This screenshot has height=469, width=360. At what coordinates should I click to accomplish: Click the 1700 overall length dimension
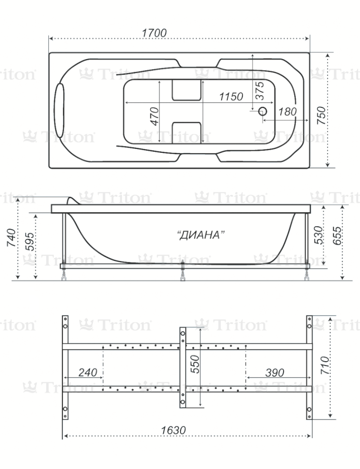coord(154,32)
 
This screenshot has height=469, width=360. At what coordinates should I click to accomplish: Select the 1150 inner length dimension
coord(231,96)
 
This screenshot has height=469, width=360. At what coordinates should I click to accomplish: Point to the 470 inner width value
coord(154,116)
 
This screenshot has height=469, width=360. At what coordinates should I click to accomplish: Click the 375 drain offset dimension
coord(260,90)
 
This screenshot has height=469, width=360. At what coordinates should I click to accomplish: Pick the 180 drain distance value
coord(287,112)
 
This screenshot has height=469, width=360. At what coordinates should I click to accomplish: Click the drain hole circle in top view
coord(263,112)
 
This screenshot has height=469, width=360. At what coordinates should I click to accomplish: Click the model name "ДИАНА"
coord(201,235)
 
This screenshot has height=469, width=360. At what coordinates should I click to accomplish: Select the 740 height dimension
coord(11,237)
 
